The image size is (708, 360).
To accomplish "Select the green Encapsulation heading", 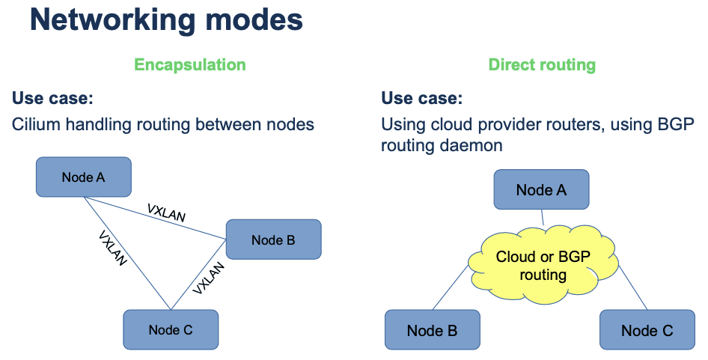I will pos(190,64).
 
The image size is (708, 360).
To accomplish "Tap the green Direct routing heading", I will pos(542,64).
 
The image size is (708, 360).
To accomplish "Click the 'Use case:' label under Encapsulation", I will pos(52,98).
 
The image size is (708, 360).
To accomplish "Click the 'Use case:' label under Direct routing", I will pos(422,98).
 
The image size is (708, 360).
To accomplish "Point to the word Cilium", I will pos(34,123).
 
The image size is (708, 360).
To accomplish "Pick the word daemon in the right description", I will pos(473,145).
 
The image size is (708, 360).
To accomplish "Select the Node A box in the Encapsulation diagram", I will pos(84,177).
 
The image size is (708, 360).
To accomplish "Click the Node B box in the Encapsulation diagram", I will pos(273,240).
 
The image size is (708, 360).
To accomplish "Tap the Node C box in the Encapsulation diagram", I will pos(171,330).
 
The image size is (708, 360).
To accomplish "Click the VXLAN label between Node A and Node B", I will pos(166,213).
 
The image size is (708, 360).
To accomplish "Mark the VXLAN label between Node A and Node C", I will pos(113,248).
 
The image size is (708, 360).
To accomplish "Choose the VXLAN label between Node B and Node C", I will pos(208,278).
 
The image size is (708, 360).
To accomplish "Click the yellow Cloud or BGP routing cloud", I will pos(543,266).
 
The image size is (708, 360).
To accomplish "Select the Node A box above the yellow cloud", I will pos(541,189).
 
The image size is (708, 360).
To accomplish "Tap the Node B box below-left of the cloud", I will pos(432,330).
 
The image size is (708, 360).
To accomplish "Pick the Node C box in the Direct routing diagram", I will pos(647,330).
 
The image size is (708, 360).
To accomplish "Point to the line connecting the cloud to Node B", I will pos(451,288).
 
